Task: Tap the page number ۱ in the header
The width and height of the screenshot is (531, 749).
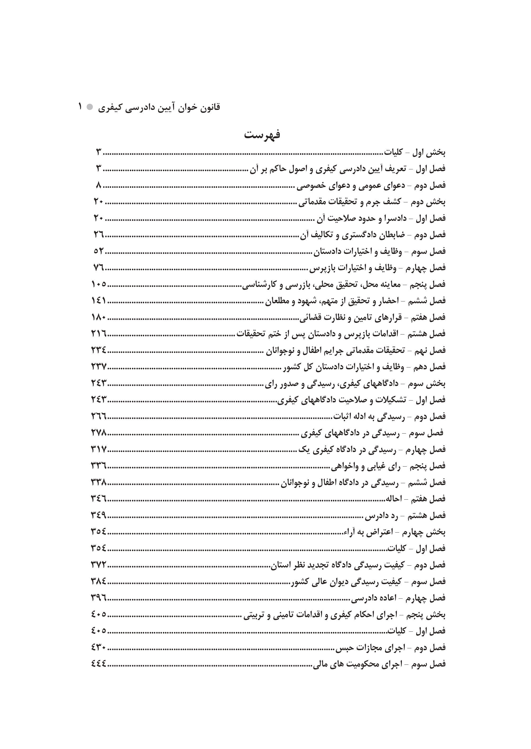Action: (80, 106)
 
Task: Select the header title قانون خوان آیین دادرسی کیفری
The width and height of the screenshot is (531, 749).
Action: (159, 108)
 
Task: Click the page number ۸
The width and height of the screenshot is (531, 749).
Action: (99, 185)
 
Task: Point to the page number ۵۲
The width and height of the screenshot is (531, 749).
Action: (98, 251)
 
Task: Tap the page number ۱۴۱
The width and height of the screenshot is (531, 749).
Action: (99, 300)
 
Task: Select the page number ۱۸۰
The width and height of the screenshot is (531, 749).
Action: (99, 317)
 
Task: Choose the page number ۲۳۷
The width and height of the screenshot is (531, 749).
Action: (99, 366)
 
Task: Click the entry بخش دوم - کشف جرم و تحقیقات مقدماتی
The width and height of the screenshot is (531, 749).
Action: (372, 202)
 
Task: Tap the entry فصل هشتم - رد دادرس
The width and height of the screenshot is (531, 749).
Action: (405, 515)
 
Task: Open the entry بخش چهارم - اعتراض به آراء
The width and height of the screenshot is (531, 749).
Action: (394, 532)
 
